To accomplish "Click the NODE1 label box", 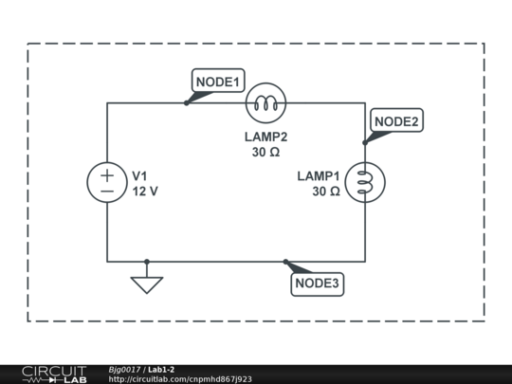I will pyautogui.click(x=219, y=82).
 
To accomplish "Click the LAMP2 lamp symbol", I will pyautogui.click(x=265, y=102).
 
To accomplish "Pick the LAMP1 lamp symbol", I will pyautogui.click(x=365, y=183).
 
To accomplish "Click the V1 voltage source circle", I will pyautogui.click(x=107, y=183).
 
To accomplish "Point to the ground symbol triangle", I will pyautogui.click(x=147, y=283).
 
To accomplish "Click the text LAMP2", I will pyautogui.click(x=265, y=137).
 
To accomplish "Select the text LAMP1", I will pyautogui.click(x=318, y=176).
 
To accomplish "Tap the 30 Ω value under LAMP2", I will pyautogui.click(x=265, y=152).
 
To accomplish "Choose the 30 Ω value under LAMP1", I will pyautogui.click(x=325, y=192).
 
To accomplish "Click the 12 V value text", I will pyautogui.click(x=145, y=192).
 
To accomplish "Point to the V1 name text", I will pyautogui.click(x=139, y=176).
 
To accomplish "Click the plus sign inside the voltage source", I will pyautogui.click(x=107, y=175).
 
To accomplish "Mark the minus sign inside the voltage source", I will pyautogui.click(x=107, y=192).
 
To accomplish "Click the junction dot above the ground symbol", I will pyautogui.click(x=147, y=261).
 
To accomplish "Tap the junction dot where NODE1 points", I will pyautogui.click(x=186, y=102).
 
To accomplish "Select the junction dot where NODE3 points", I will pyautogui.click(x=285, y=261).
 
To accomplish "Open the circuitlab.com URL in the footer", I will pyautogui.click(x=180, y=379).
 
